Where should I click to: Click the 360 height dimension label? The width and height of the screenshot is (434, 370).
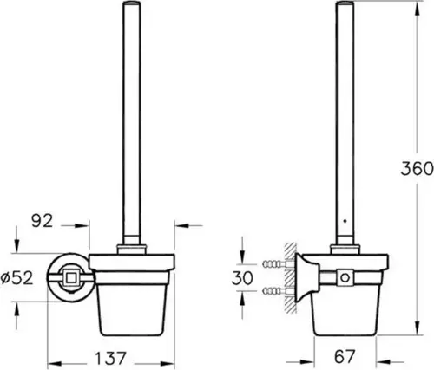(417, 169)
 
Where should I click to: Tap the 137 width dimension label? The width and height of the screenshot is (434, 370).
(111, 358)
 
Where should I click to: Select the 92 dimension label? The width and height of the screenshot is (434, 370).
(43, 221)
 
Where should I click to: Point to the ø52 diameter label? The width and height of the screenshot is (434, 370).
(16, 278)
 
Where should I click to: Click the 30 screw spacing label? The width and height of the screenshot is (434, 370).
(242, 278)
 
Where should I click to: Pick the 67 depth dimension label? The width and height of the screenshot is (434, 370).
(345, 357)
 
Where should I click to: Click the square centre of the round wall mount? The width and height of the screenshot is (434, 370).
(70, 278)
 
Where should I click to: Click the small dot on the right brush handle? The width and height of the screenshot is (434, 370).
(345, 221)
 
